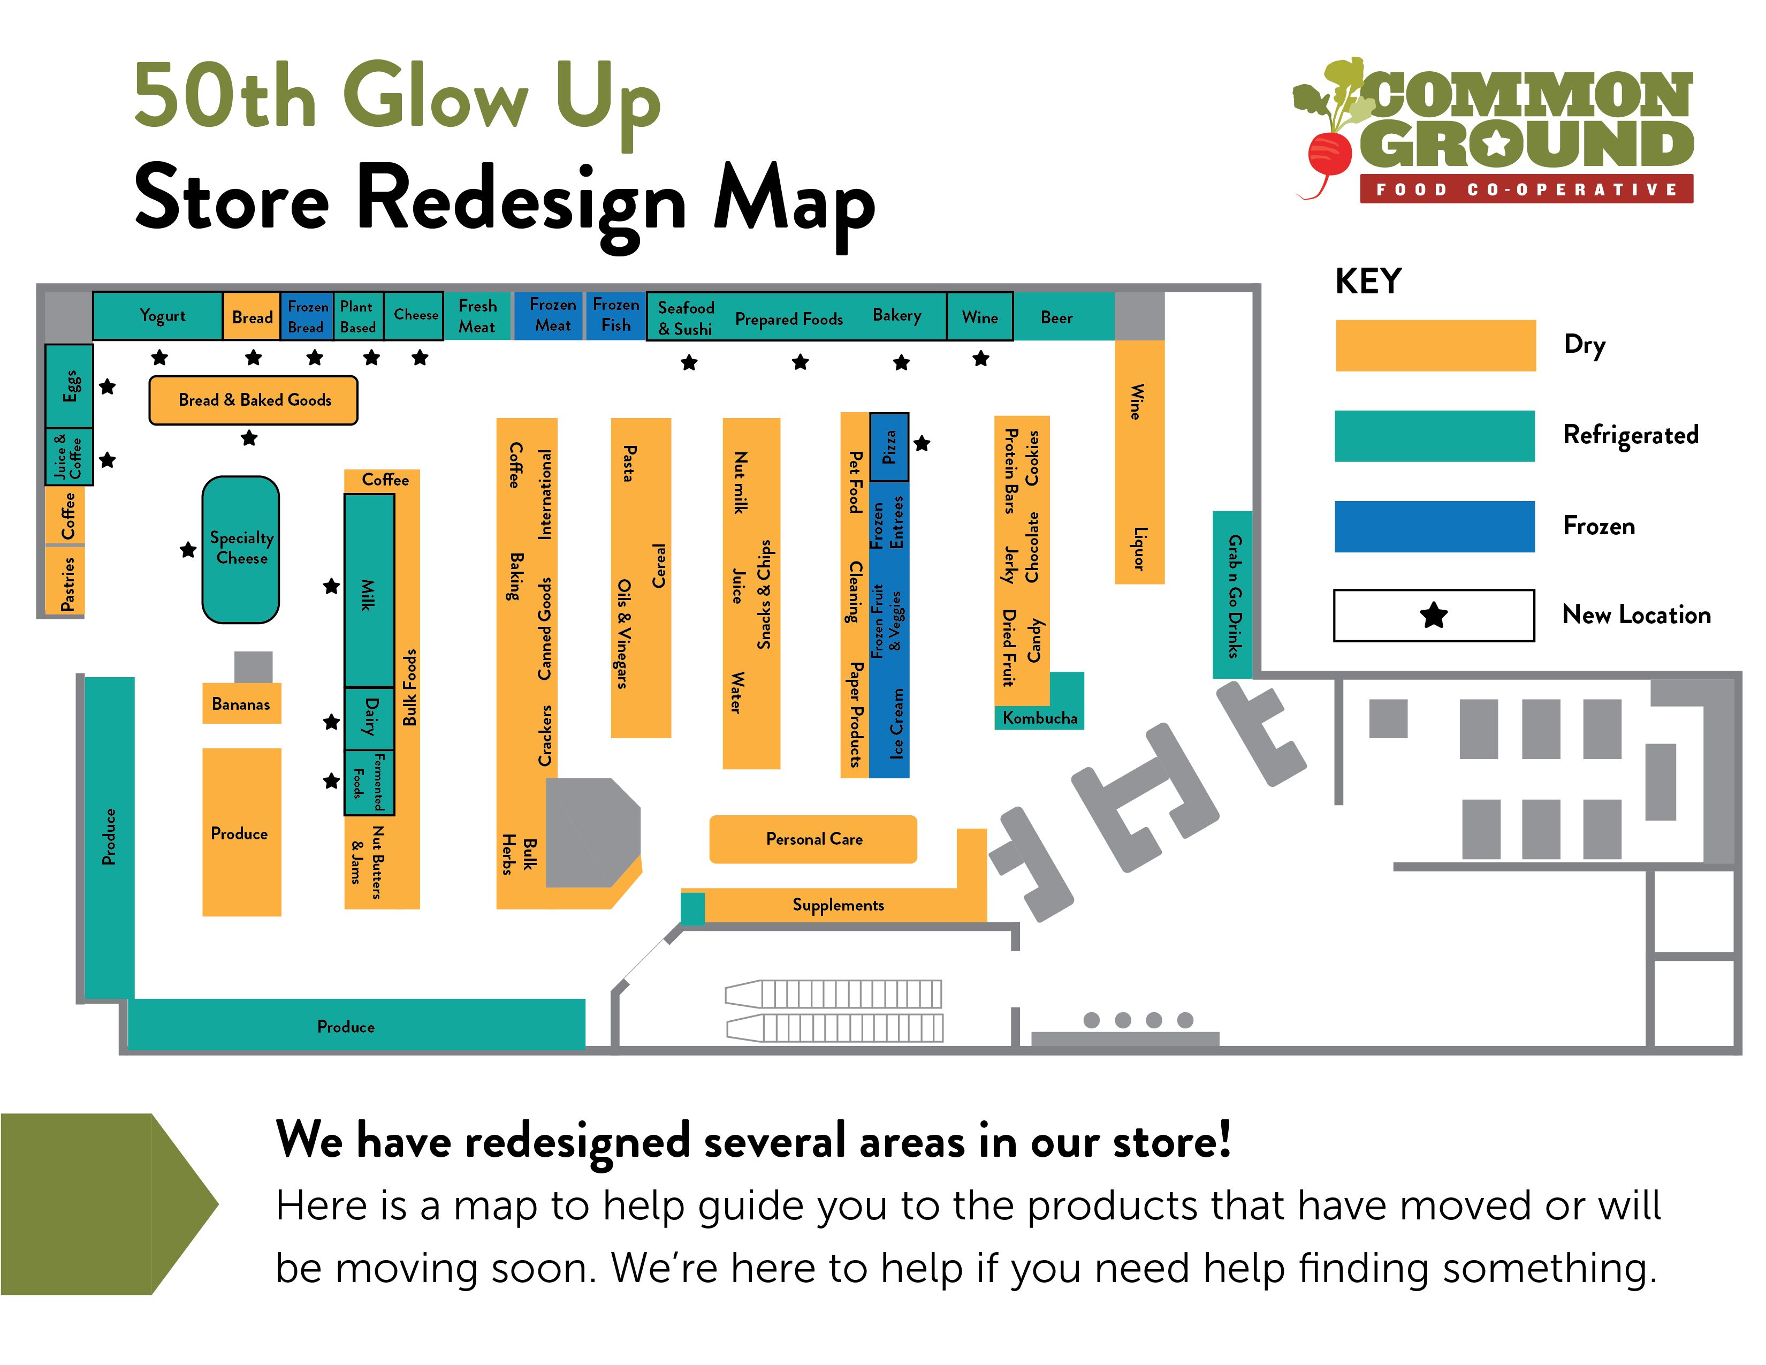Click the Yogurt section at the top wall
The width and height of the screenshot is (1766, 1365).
pyautogui.click(x=158, y=315)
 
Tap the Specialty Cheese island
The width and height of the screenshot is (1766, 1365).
pyautogui.click(x=241, y=549)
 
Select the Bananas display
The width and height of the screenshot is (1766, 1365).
pyautogui.click(x=241, y=703)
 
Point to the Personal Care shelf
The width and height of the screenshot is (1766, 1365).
pyautogui.click(x=813, y=839)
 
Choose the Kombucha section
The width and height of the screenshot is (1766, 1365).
pyautogui.click(x=1039, y=717)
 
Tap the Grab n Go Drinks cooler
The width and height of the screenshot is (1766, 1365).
pyautogui.click(x=1232, y=594)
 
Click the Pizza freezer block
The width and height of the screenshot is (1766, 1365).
pyautogui.click(x=889, y=447)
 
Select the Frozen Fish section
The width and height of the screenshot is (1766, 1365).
pyautogui.click(x=616, y=315)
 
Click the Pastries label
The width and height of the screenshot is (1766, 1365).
pyautogui.click(x=68, y=583)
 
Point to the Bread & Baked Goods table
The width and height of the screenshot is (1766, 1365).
pyautogui.click(x=253, y=399)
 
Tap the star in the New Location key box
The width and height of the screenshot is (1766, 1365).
pyautogui.click(x=1434, y=616)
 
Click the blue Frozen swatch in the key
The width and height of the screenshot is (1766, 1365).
pyautogui.click(x=1434, y=526)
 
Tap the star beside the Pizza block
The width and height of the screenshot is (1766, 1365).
pyautogui.click(x=922, y=443)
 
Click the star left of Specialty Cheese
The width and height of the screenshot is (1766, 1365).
pyautogui.click(x=188, y=550)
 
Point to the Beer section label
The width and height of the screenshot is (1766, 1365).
pyautogui.click(x=1056, y=318)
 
